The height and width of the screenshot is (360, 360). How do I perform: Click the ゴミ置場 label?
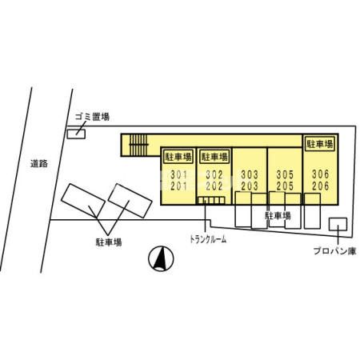tap(92, 117)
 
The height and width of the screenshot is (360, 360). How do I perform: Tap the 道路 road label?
tap(39, 163)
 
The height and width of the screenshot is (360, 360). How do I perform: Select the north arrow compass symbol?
tap(161, 258)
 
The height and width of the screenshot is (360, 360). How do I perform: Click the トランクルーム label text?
tap(208, 239)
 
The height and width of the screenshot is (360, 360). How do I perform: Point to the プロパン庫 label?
tap(334, 251)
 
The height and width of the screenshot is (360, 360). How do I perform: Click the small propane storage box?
tap(338, 224)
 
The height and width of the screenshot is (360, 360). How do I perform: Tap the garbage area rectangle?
tap(76, 134)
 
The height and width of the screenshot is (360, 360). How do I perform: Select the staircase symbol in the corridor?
tap(138, 145)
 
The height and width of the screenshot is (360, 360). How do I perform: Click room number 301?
tap(178, 174)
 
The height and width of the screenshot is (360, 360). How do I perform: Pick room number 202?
tap(214, 186)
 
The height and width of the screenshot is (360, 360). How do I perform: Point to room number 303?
tap(250, 174)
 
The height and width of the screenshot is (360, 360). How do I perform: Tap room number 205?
tap(285, 186)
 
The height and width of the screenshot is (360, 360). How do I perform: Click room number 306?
tap(321, 174)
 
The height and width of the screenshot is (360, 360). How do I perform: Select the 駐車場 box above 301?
tap(178, 157)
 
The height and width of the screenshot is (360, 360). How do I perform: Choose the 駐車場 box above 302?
tap(214, 157)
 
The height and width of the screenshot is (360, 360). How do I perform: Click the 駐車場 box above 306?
tap(319, 144)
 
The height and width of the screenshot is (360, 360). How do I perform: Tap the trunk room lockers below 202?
tap(211, 200)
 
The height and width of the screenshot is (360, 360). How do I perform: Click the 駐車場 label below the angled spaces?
tap(109, 242)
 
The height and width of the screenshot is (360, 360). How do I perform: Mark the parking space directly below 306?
tap(312, 211)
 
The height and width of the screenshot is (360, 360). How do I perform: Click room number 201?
tap(178, 186)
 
